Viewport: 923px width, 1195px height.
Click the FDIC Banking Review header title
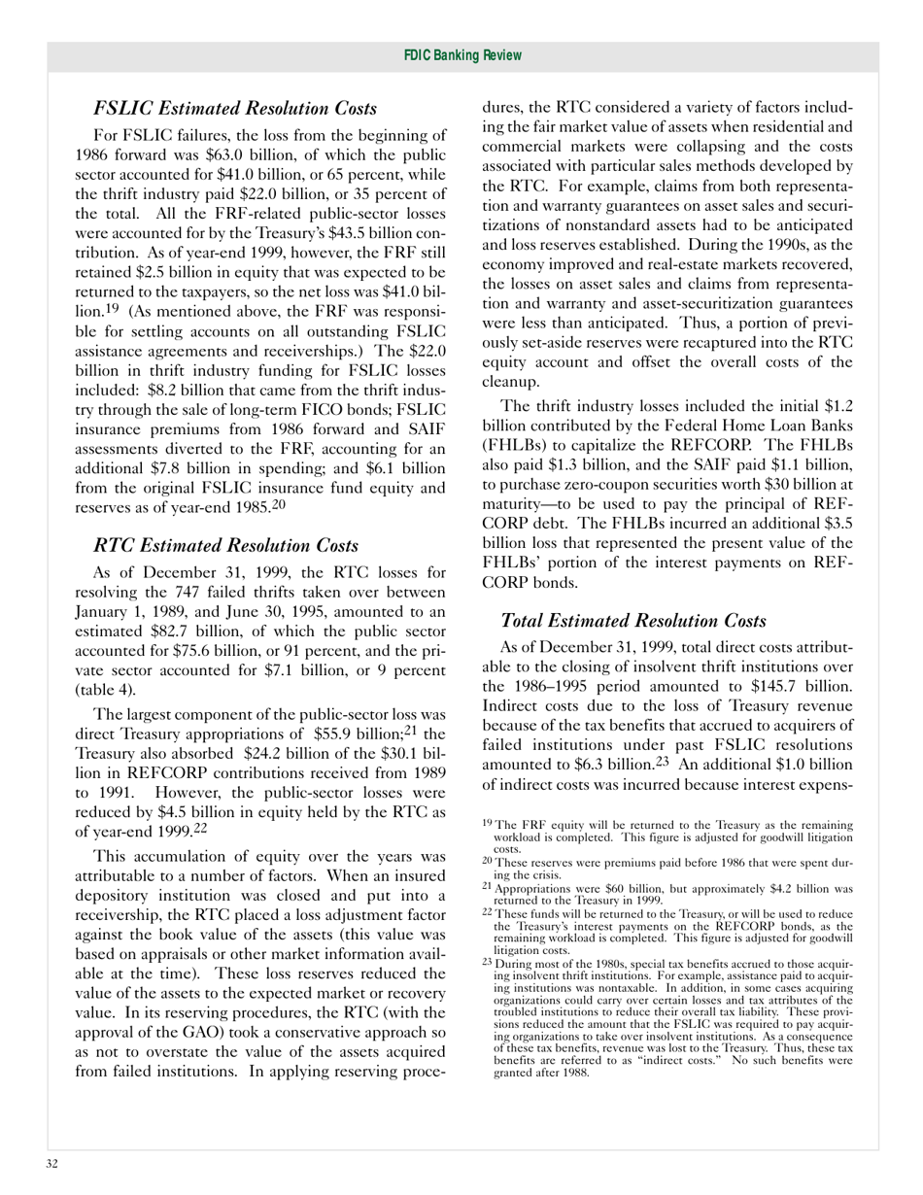pyautogui.click(x=461, y=56)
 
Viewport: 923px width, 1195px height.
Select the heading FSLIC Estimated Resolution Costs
pyautogui.click(x=235, y=108)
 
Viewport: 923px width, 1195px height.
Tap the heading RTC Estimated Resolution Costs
pyautogui.click(x=226, y=546)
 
